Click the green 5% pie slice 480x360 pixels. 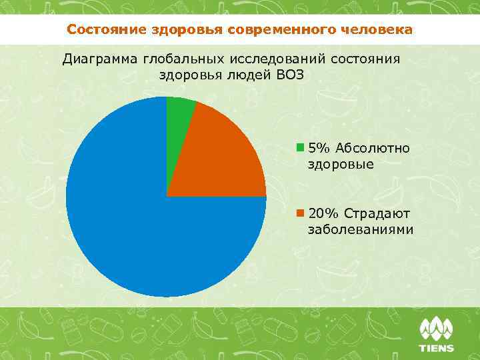click(x=178, y=110)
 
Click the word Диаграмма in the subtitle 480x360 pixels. click(x=99, y=58)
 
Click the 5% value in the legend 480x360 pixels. click(x=319, y=147)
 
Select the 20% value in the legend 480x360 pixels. click(x=323, y=213)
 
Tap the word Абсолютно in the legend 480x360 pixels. click(x=373, y=147)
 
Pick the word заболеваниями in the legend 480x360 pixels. click(x=360, y=230)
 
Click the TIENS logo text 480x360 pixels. click(x=436, y=348)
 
